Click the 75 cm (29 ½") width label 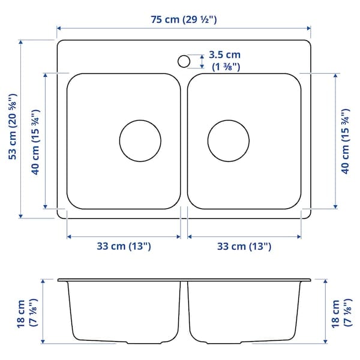coord(184,20)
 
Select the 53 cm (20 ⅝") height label coord(12,130)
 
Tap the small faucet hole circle coord(184,61)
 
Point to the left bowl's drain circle coord(140,141)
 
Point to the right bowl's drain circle coord(229,141)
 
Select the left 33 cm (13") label coord(124,246)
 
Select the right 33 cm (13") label coord(244,246)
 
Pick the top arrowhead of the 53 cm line coord(22,43)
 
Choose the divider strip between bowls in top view coord(184,141)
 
